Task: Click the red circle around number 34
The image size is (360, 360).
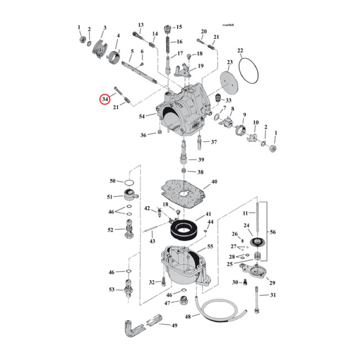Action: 105,99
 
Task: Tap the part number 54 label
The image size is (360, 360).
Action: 142,117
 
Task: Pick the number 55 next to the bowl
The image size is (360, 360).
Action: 210,247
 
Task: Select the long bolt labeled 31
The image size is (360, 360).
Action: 256,299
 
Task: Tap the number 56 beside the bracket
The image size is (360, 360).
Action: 273,232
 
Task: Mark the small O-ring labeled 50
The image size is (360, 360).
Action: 129,182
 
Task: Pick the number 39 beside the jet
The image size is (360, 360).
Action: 201,160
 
